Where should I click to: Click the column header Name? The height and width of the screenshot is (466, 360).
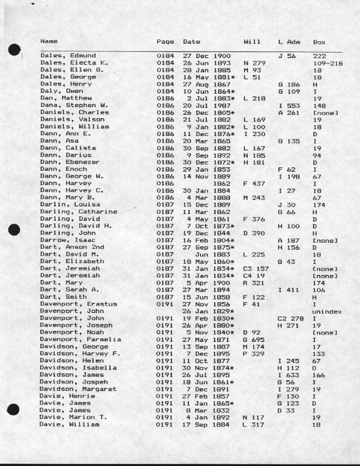pos(49,41)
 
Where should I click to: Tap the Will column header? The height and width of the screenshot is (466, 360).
pos(252,41)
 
